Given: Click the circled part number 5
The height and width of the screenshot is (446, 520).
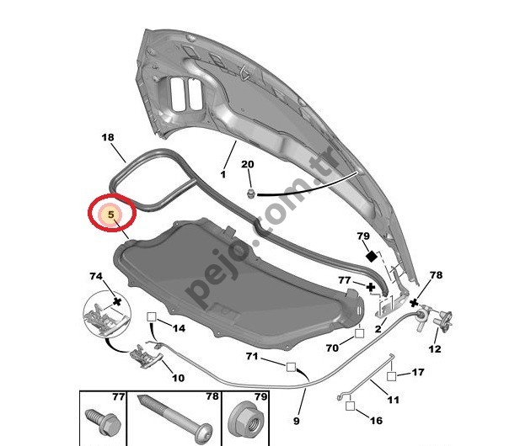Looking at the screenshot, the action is click(111, 215).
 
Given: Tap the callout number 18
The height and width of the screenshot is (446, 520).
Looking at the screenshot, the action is click(108, 137).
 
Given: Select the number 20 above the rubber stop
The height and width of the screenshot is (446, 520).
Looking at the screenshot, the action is click(248, 164).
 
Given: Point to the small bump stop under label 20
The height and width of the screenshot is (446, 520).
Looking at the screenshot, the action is click(251, 194).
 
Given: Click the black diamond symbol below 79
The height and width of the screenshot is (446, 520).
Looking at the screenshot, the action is click(371, 257).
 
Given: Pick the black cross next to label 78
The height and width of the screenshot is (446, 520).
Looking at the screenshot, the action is click(414, 303).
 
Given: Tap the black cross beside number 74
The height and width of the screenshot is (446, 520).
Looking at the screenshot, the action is click(117, 301).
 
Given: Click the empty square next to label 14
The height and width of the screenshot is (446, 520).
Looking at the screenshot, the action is click(151, 316).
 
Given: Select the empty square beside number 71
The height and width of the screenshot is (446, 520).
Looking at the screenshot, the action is click(291, 367).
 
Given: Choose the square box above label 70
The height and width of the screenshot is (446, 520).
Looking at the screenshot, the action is click(360, 332).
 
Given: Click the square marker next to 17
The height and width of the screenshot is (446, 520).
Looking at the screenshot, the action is click(391, 376).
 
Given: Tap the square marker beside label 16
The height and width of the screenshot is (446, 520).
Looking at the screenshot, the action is click(350, 406).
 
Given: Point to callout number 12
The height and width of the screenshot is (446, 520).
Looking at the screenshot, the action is click(435, 348).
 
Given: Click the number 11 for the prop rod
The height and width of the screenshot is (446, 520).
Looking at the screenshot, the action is click(393, 400).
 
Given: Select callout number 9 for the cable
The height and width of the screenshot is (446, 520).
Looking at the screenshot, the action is click(296, 421).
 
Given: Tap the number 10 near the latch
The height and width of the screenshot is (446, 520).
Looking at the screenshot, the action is click(178, 378).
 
